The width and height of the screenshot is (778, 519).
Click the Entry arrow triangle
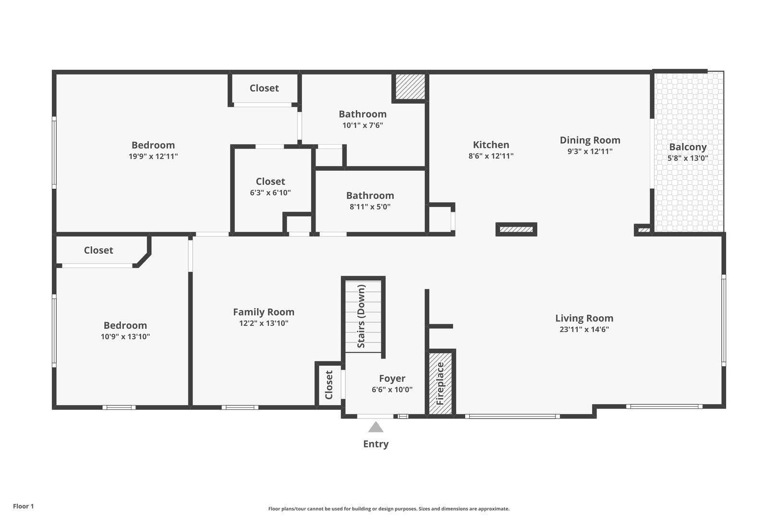click(376, 427)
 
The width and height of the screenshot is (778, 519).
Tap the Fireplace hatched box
click(440, 383)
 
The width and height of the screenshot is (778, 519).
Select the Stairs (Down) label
click(362, 316)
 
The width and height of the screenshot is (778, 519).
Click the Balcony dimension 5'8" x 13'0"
click(688, 158)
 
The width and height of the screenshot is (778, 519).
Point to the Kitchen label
click(491, 145)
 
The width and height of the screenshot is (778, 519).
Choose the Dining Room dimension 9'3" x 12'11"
click(590, 151)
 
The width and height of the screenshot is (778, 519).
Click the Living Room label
click(584, 318)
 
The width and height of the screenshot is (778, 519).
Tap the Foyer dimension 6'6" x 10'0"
click(392, 390)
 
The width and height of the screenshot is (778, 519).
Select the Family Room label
click(264, 312)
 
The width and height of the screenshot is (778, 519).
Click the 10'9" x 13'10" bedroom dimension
click(125, 337)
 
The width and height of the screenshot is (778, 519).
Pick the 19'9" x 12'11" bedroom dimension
click(153, 156)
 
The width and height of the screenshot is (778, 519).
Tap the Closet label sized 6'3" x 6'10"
click(270, 181)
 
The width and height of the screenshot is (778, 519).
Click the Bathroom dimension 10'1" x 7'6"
click(363, 125)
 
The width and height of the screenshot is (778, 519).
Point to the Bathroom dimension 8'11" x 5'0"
click(370, 207)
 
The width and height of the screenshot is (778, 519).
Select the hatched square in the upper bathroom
click(410, 86)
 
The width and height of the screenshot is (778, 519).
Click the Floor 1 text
click(23, 506)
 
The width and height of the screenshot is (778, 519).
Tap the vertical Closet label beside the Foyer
click(329, 384)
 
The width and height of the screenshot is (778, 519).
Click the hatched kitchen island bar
click(516, 230)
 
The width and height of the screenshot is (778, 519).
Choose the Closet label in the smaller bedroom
click(98, 250)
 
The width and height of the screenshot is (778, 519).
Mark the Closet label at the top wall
click(264, 88)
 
